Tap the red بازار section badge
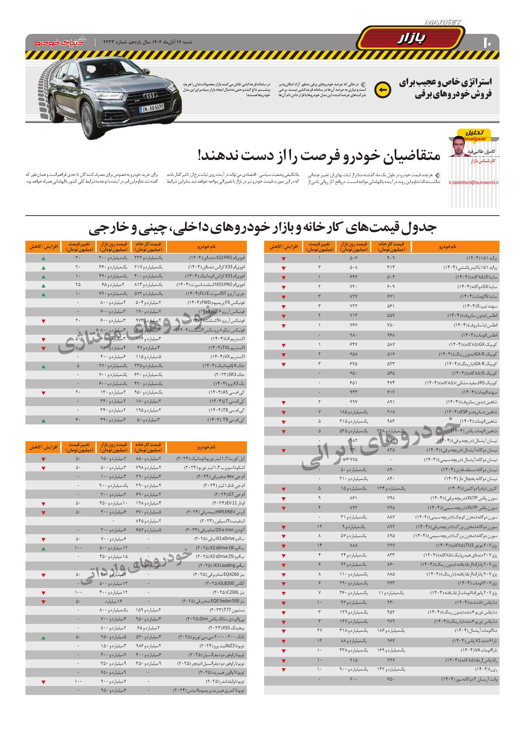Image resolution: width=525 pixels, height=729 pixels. [411, 39]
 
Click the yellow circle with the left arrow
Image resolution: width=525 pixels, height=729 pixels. [382, 90]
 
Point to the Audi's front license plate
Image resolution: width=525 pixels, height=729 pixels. [151, 108]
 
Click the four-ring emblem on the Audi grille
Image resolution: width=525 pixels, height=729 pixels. [151, 96]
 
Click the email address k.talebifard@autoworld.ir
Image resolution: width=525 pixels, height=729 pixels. [474, 182]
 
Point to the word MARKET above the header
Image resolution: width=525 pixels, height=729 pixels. [443, 22]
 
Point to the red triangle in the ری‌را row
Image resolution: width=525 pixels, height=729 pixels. [283, 670]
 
